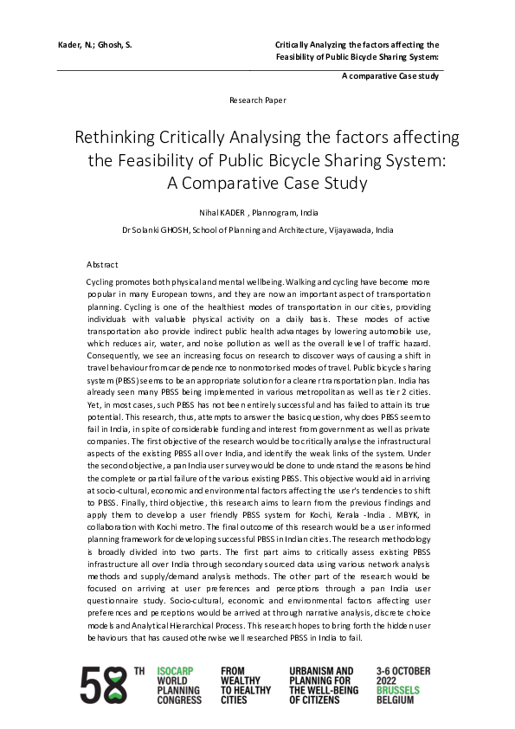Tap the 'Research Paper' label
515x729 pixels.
(257, 100)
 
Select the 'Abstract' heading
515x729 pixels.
(102, 264)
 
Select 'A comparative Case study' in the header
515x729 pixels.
(390, 76)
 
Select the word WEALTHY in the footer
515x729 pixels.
(241, 681)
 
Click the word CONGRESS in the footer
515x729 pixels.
(180, 700)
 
